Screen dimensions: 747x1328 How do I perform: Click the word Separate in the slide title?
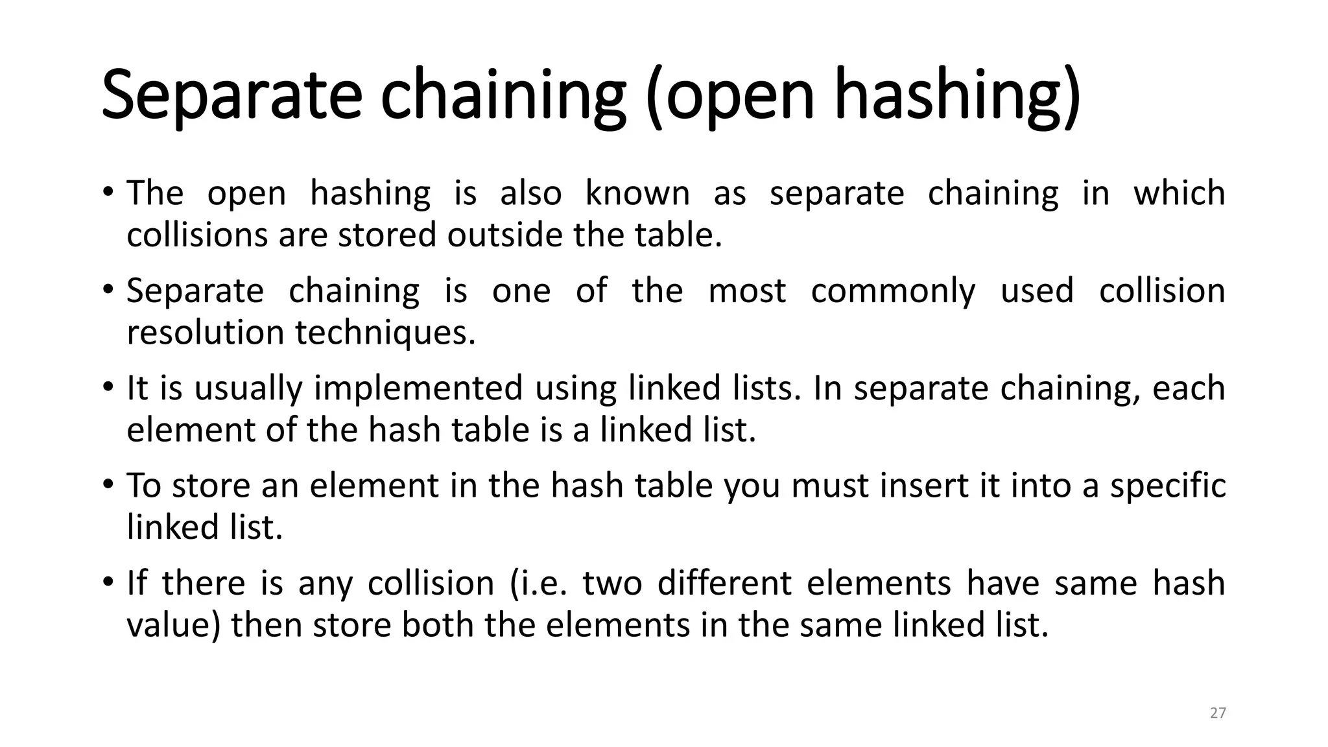[x=231, y=96]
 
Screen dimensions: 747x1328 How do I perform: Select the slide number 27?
[x=1218, y=713]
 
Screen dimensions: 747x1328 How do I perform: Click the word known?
[x=637, y=193]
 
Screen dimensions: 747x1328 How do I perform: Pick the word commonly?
[x=893, y=291]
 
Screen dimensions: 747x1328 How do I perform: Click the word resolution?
[x=206, y=333]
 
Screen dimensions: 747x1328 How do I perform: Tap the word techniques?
[x=385, y=333]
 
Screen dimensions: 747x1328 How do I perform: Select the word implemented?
[x=419, y=388]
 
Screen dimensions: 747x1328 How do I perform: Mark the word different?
[x=724, y=583]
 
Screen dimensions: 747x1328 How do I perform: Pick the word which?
[x=1179, y=193]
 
